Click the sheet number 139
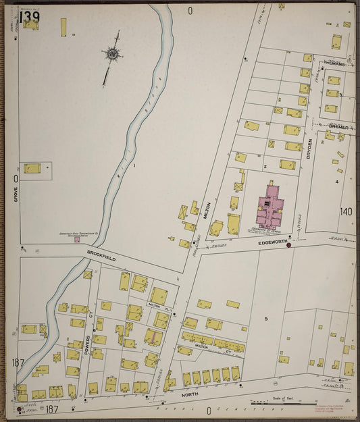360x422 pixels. point(28,16)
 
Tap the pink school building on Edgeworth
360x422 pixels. point(269,209)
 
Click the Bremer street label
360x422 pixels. point(338,126)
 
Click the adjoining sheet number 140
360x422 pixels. point(346,212)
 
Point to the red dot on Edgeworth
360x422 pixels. point(289,245)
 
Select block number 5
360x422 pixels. point(267,318)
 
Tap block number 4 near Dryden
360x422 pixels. point(336,182)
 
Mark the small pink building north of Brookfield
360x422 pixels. point(77,238)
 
